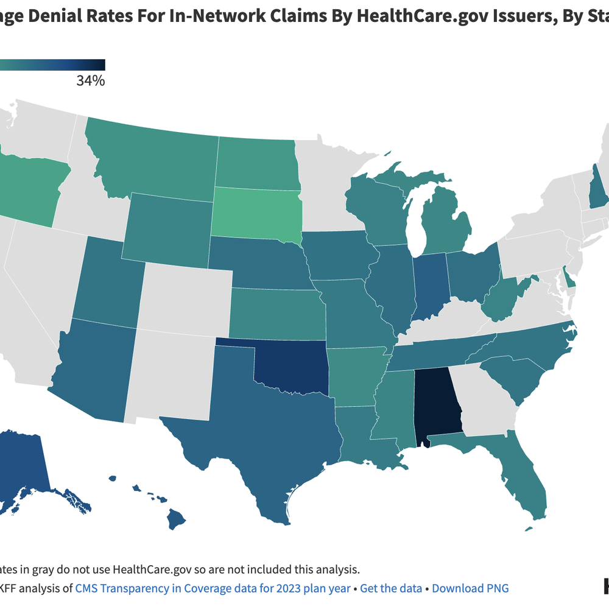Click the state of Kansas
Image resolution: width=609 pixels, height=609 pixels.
277,313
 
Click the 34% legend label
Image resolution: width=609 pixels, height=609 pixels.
90,80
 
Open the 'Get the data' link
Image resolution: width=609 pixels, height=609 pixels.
391,588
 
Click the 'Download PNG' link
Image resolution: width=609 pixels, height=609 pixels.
470,588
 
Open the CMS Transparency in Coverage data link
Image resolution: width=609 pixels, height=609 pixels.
213,588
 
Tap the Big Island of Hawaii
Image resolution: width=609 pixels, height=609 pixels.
177,519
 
